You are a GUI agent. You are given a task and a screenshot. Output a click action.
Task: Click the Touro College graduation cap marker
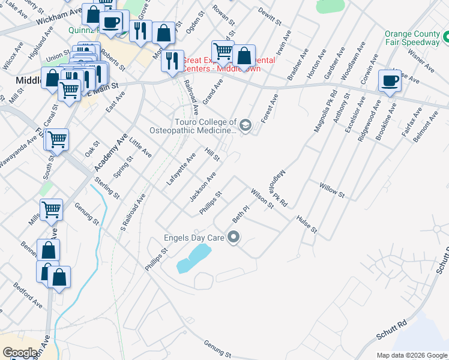click(245, 125)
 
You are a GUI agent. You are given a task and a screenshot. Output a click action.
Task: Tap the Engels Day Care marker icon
click(234, 238)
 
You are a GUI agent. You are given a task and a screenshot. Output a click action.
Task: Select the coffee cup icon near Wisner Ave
click(390, 80)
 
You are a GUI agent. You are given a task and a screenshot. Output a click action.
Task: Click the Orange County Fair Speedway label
click(412, 38)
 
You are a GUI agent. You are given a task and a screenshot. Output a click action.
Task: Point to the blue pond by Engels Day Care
click(193, 259)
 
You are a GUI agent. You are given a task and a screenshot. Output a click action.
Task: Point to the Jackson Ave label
click(202, 187)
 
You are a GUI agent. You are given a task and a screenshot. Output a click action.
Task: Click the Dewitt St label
click(270, 16)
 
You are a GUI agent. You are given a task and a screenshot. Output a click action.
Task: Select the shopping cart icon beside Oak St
click(57, 140)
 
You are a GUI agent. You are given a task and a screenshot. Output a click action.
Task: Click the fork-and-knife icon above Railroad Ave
click(172, 61)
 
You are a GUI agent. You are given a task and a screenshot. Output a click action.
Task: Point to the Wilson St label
click(262, 197)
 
